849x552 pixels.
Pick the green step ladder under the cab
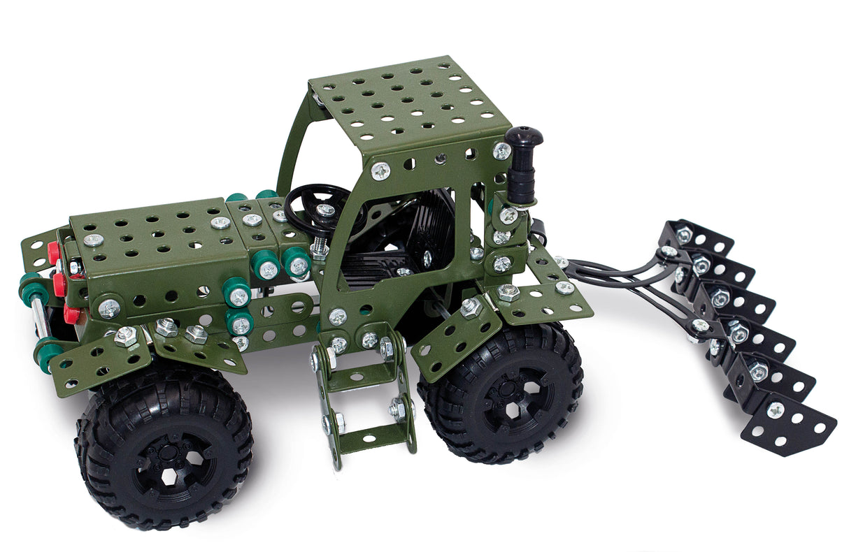(x=364, y=391)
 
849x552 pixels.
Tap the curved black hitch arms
(x=615, y=273)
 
